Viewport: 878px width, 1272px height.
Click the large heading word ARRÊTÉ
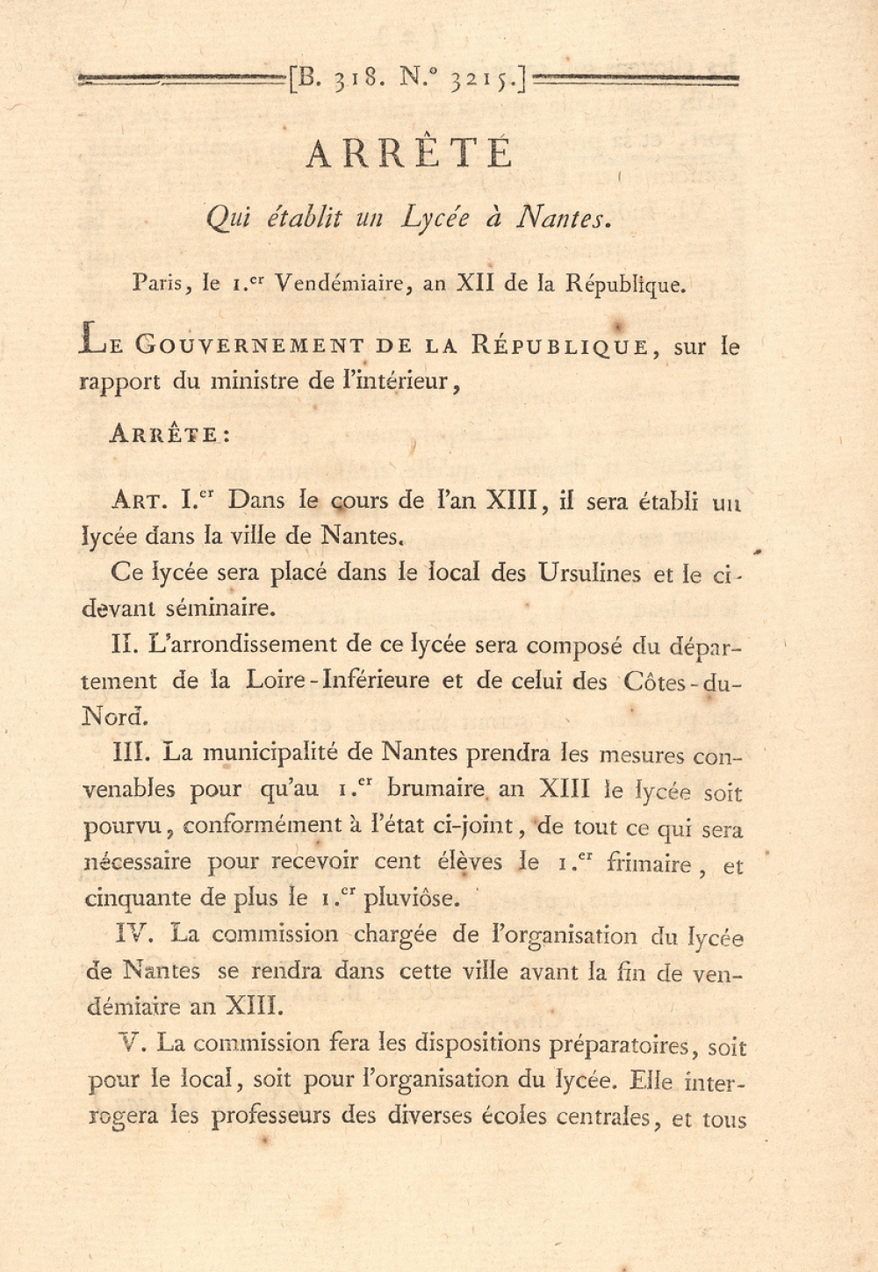pos(409,154)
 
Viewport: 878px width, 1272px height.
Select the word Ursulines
pos(589,573)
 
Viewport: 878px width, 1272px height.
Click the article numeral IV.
pos(129,933)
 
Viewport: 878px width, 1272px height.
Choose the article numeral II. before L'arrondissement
pos(126,645)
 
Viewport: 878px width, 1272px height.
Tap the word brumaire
pos(435,788)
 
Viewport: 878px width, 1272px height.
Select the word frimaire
pos(649,863)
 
